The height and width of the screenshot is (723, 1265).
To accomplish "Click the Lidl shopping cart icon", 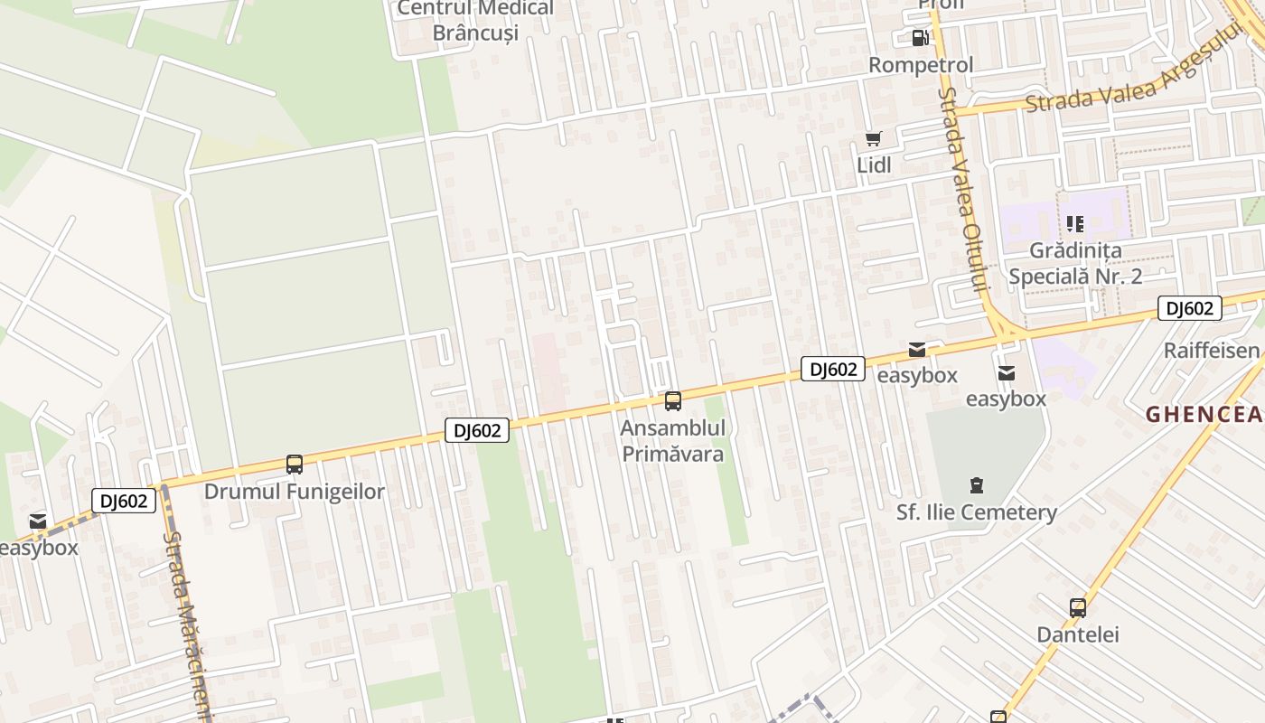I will (x=873, y=138).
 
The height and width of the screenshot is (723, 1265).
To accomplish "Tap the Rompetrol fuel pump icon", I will (x=920, y=38).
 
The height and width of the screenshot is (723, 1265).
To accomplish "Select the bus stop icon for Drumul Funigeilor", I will (x=295, y=465).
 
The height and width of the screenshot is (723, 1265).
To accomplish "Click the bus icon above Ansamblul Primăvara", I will (x=673, y=401).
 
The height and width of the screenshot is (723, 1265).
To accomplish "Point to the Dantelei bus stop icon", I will (x=1078, y=608).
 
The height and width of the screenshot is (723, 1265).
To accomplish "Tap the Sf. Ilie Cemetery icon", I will (x=977, y=486).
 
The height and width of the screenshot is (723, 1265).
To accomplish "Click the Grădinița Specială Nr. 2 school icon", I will (x=1074, y=223).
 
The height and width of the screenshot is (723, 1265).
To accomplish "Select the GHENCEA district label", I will (x=1204, y=415).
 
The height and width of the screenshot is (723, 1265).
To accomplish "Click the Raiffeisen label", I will (x=1212, y=351).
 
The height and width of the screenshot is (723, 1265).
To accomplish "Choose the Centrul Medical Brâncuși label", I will (x=476, y=21).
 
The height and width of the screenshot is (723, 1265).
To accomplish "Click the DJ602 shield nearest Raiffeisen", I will (x=1190, y=308).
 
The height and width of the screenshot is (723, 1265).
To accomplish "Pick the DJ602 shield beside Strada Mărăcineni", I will (x=124, y=501).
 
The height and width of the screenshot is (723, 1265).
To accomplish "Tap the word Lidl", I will (x=874, y=165).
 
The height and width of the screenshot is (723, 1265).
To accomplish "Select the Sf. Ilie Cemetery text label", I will (x=977, y=512).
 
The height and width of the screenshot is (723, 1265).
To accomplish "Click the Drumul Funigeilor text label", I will (x=295, y=492).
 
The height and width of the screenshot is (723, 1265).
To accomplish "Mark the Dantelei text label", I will (x=1078, y=634).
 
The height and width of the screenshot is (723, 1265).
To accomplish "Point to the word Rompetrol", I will (x=921, y=65).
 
